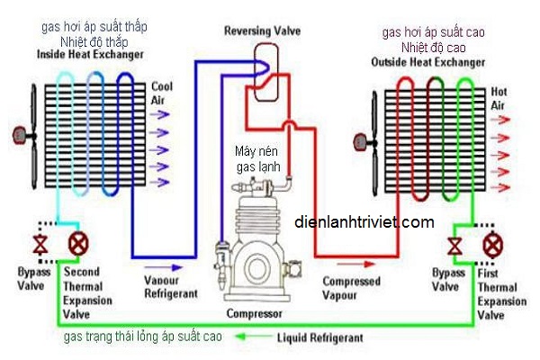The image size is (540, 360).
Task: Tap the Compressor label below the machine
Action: click(x=256, y=314)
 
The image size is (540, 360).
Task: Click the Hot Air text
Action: click(x=501, y=98)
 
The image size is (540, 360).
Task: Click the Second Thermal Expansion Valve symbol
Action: click(x=76, y=243)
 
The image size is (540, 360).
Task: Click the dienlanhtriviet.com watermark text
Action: click(x=364, y=221)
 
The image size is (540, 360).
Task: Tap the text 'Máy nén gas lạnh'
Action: click(x=259, y=158)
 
